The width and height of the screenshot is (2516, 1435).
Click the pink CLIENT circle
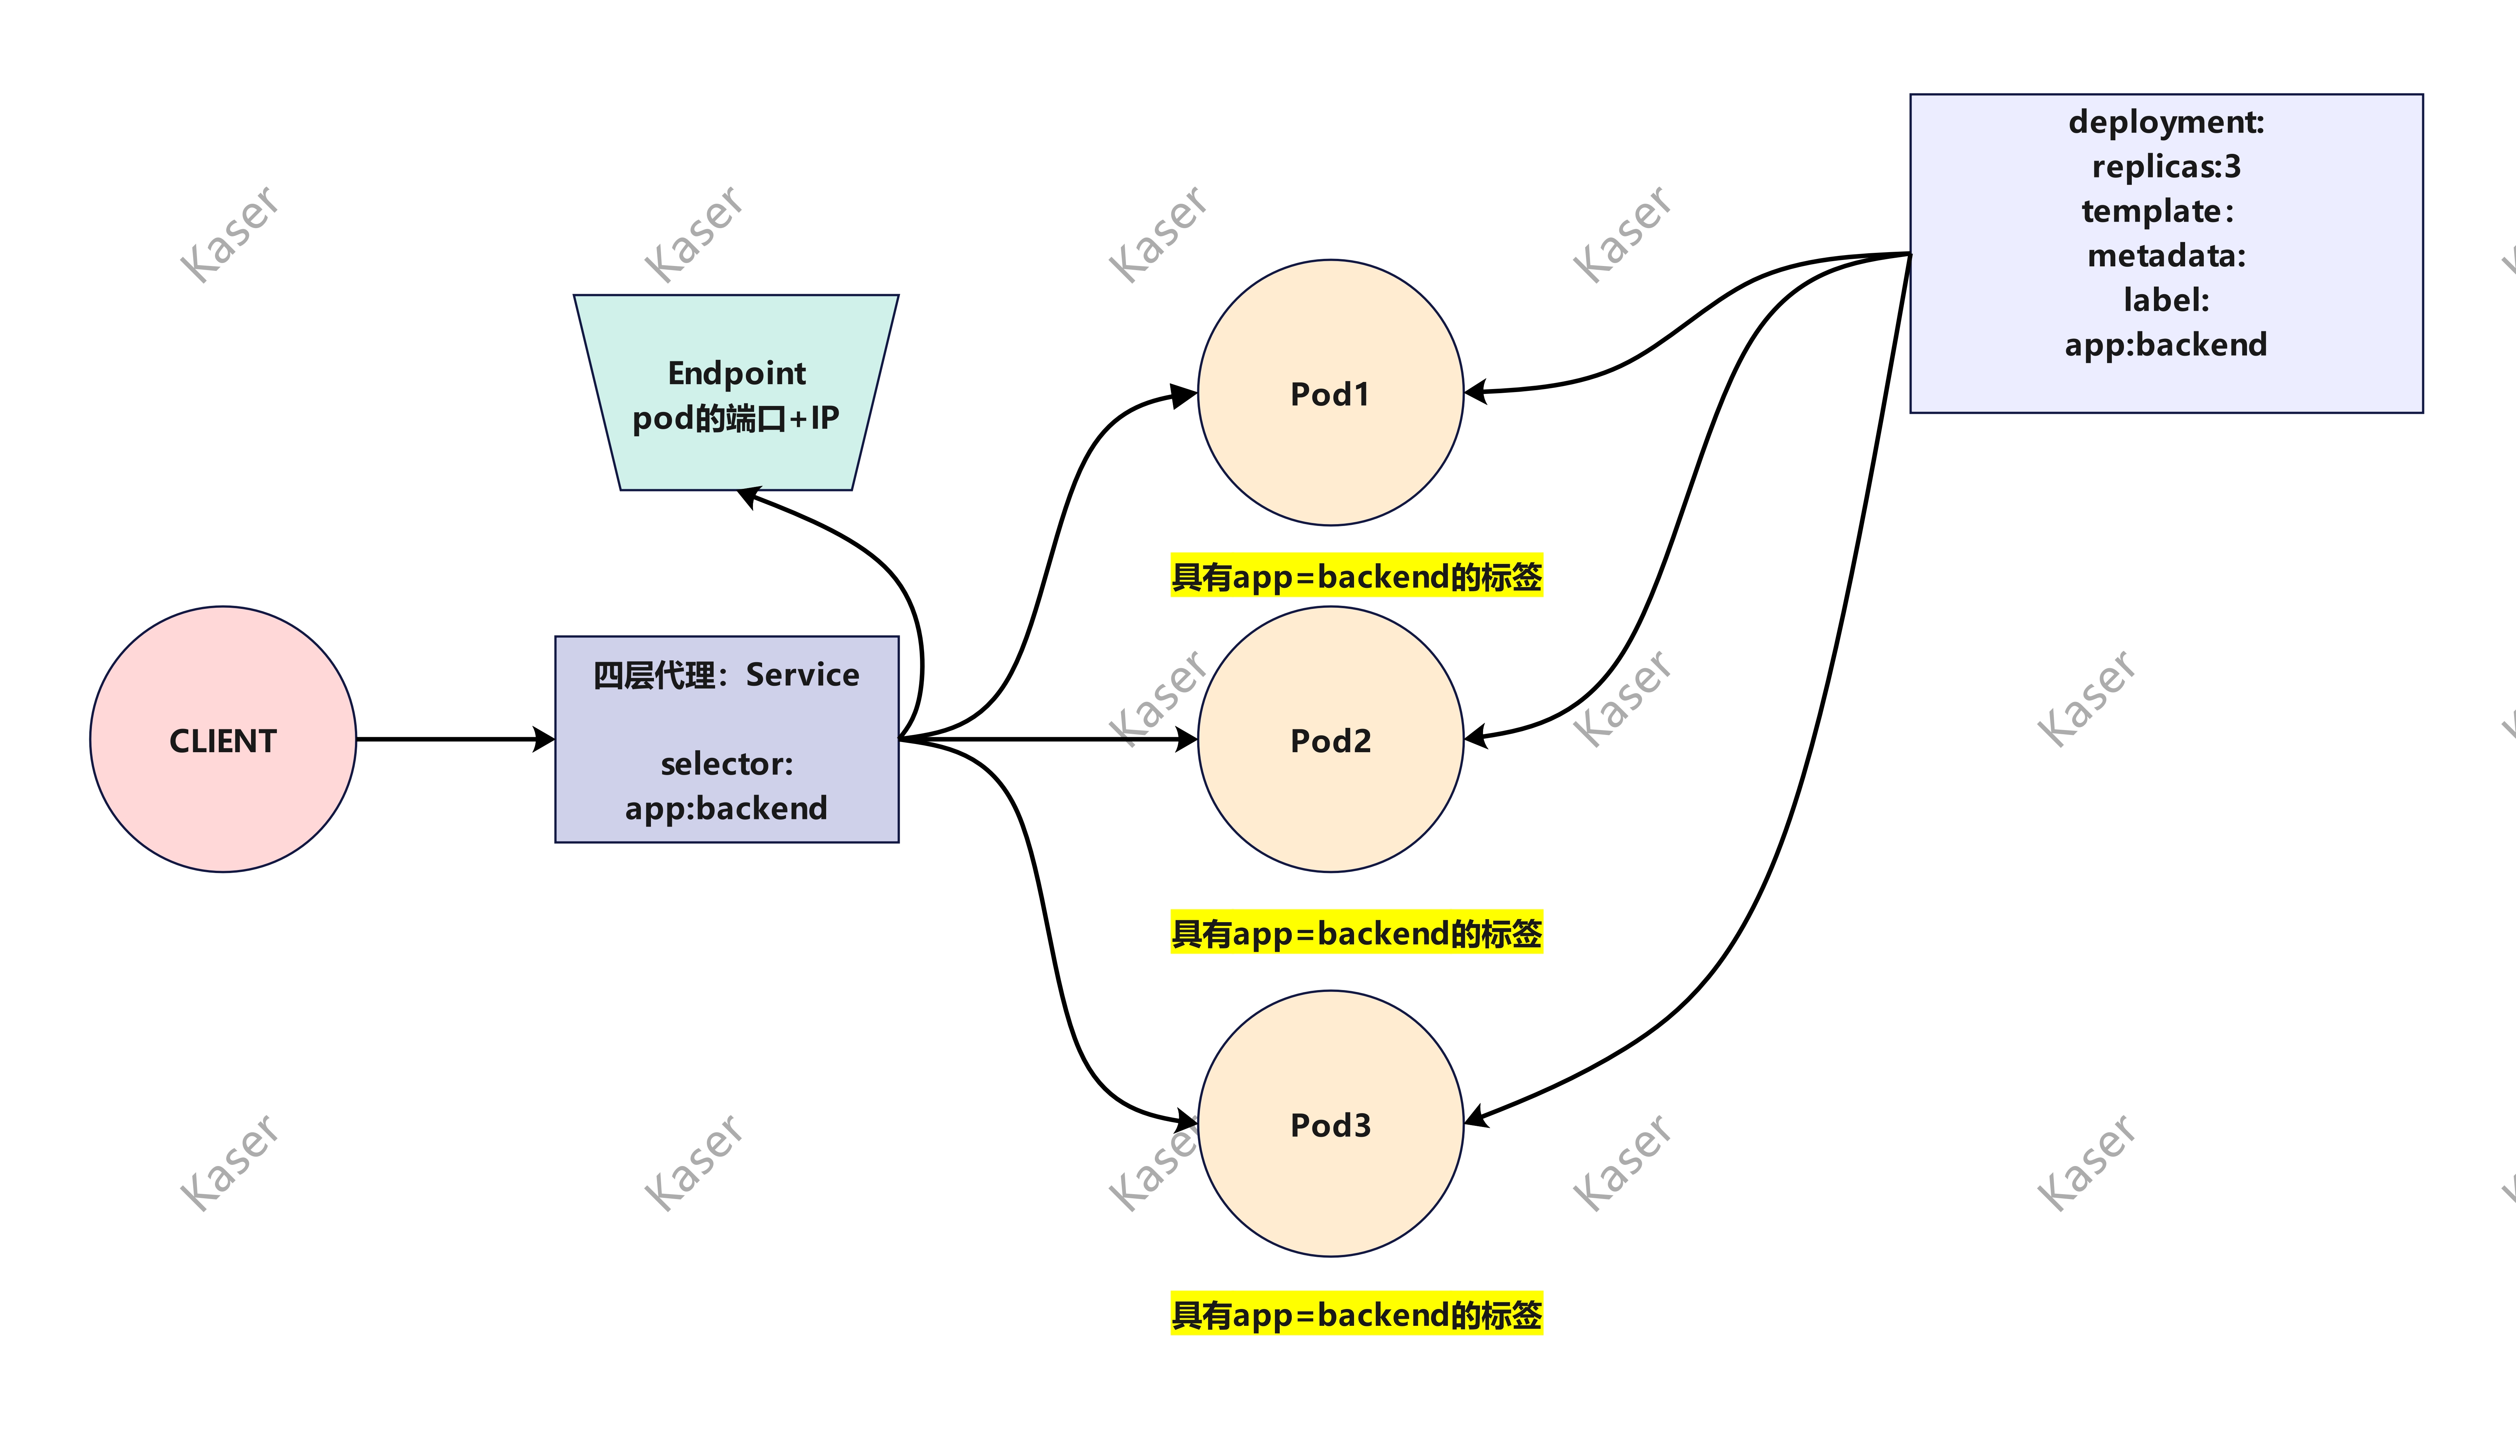[x=223, y=739]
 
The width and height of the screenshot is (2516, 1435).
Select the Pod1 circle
[x=1330, y=392]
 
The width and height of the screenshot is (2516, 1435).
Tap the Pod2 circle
[x=1330, y=739]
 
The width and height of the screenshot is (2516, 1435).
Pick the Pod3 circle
[x=1330, y=1124]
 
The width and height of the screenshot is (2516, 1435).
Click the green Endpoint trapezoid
[x=736, y=392]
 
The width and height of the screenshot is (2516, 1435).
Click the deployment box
[x=2166, y=253]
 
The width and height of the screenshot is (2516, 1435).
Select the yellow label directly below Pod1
[x=1356, y=576]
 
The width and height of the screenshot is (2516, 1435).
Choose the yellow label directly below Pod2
[x=1356, y=932]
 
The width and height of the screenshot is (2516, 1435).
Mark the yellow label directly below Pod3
[x=1356, y=1314]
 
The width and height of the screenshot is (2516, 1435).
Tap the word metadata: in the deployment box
[x=2166, y=255]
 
